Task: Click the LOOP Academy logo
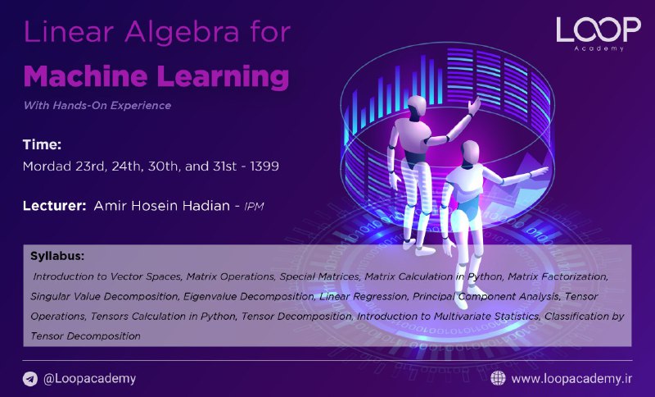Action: click(599, 34)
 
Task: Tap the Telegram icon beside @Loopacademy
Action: click(30, 379)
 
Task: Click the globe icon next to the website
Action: click(498, 378)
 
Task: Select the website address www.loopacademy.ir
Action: click(571, 379)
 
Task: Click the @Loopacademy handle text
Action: click(90, 379)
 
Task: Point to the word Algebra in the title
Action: click(182, 32)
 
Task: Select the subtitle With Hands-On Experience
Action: click(97, 106)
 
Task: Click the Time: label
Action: click(42, 144)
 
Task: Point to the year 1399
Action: click(264, 166)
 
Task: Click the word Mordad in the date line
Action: click(47, 166)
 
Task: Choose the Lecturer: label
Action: click(54, 206)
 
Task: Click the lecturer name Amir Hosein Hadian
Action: click(161, 206)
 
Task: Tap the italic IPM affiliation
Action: click(254, 206)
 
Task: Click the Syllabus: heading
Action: click(57, 256)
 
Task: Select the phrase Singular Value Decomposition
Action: click(105, 297)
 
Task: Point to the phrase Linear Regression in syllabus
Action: click(364, 297)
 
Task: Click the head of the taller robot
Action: click(416, 107)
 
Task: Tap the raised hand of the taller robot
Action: click(475, 106)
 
